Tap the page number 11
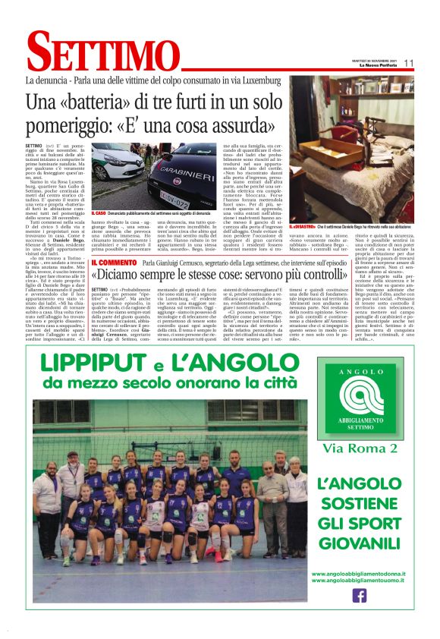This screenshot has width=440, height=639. [x=408, y=64]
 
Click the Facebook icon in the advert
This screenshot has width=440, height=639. [x=359, y=596]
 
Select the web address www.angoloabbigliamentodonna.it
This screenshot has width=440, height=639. [x=359, y=574]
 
